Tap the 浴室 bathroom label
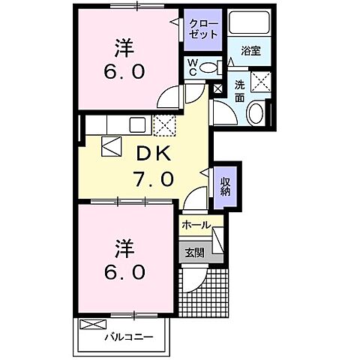tap(251, 50)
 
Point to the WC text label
tap(192, 66)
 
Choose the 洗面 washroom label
tap(239, 89)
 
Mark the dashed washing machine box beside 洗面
tap(261, 81)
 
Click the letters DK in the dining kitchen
tap(154, 154)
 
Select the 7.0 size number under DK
tap(154, 179)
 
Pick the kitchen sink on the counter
tap(139, 124)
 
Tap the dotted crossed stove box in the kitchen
tap(163, 124)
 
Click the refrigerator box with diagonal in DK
tap(112, 147)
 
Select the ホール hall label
tap(196, 224)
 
